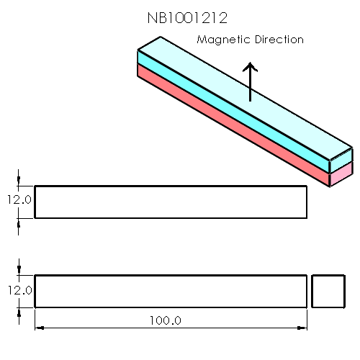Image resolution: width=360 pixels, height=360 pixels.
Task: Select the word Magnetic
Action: coord(223,40)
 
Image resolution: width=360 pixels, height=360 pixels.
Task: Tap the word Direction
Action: coord(278,40)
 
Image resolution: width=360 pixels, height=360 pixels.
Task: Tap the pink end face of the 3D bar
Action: coord(341,175)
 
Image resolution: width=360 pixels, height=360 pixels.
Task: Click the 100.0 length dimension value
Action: coord(165,320)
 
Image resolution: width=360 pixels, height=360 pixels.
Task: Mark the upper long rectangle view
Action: coord(171,202)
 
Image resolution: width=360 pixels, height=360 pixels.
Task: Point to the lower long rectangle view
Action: coord(171,291)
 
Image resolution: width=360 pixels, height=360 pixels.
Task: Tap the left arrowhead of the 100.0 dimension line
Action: coord(39,328)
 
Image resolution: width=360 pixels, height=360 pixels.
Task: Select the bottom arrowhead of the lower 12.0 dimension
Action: coord(19,311)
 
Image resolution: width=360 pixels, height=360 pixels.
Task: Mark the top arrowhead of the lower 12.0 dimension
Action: coord(19,271)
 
